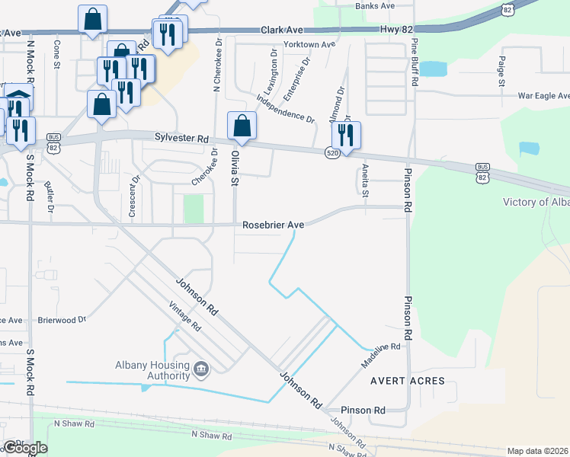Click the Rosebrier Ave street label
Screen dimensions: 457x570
point(274,225)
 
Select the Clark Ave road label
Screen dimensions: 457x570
point(282,30)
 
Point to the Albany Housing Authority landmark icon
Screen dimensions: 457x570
point(201,369)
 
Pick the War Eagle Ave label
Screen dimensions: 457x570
point(543,96)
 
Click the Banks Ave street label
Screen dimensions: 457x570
point(375,5)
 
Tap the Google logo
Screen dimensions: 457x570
point(24,448)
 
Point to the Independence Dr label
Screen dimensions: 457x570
point(286,108)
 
